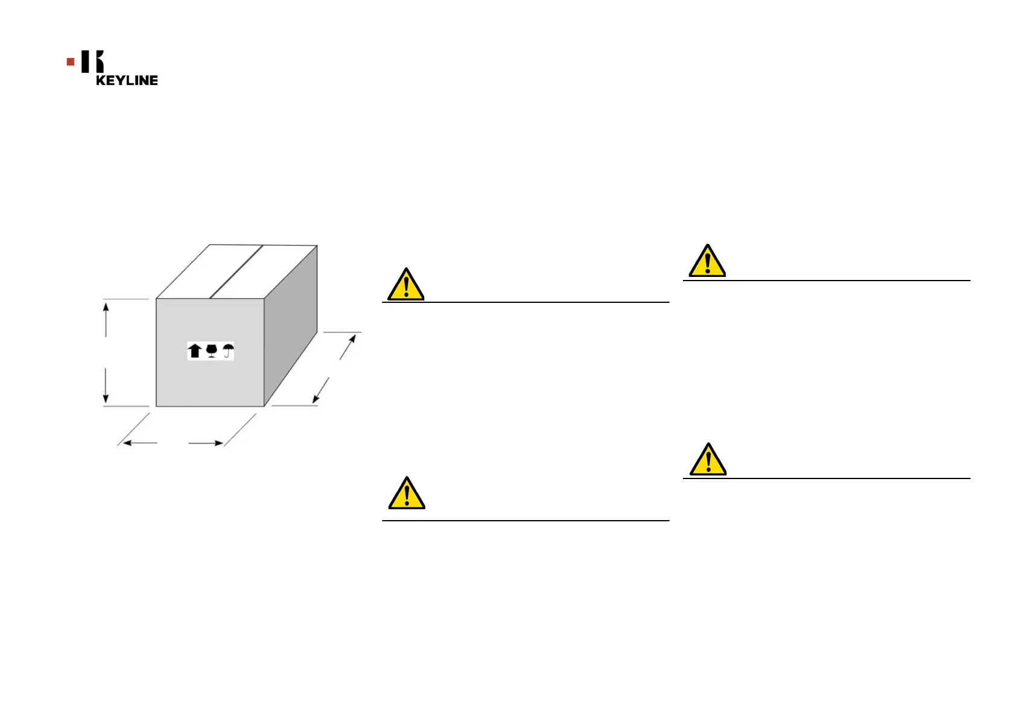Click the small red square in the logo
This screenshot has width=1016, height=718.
[71, 62]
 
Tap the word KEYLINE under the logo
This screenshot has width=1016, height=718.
[127, 80]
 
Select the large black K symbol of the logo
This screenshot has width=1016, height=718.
[92, 62]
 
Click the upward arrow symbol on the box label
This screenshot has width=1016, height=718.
[194, 351]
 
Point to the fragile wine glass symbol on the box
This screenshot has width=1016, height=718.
[211, 351]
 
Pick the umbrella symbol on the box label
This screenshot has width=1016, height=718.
[227, 351]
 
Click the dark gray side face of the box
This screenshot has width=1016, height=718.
[291, 326]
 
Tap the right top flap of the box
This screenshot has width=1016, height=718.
[262, 272]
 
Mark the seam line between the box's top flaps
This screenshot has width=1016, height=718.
[236, 272]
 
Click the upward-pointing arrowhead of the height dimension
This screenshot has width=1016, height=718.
[106, 308]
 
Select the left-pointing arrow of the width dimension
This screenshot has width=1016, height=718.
[128, 443]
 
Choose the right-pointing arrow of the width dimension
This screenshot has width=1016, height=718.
[217, 443]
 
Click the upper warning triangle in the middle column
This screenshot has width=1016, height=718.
[406, 285]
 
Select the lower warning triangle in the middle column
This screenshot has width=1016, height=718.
[407, 494]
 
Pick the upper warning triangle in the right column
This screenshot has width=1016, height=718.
[707, 261]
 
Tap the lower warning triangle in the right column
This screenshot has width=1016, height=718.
[708, 460]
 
